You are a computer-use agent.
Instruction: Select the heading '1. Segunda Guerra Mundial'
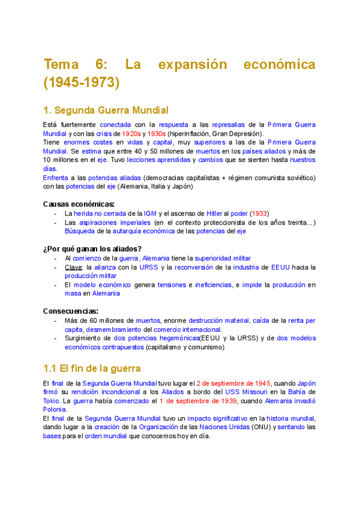click(x=106, y=110)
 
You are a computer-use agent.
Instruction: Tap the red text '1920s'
click(x=131, y=133)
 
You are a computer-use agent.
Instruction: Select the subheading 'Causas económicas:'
click(x=79, y=204)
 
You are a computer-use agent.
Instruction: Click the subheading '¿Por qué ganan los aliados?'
click(x=92, y=249)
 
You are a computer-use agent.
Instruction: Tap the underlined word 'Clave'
click(x=73, y=267)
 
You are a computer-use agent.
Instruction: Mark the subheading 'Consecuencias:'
click(x=71, y=311)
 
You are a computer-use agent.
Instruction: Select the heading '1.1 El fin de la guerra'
click(x=92, y=369)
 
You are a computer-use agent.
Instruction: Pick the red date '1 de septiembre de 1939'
click(x=198, y=401)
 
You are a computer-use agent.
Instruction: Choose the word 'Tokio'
click(x=52, y=401)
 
